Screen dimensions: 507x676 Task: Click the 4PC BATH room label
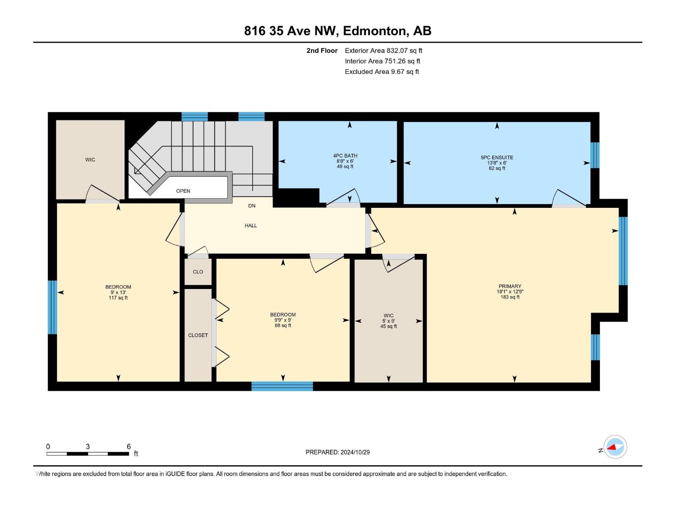(345, 156)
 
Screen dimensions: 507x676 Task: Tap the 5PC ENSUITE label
(497, 158)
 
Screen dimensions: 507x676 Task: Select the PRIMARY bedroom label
(510, 286)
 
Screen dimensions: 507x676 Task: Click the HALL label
(251, 226)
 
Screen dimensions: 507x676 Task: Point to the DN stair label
(252, 206)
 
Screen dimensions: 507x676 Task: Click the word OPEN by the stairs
(183, 191)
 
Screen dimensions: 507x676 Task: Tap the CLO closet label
(198, 272)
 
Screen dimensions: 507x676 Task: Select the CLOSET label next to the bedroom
(198, 335)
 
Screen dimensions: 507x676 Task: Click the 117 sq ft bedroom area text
(118, 298)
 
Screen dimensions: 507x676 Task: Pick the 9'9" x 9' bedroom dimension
(283, 320)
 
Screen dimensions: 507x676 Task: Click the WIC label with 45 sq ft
(388, 316)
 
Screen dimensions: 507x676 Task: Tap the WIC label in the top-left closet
(90, 160)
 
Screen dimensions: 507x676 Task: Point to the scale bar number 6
(129, 447)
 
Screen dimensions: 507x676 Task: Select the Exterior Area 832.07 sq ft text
(383, 51)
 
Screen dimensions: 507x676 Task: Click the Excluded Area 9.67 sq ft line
(382, 72)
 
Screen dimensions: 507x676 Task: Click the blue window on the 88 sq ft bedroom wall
(282, 386)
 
